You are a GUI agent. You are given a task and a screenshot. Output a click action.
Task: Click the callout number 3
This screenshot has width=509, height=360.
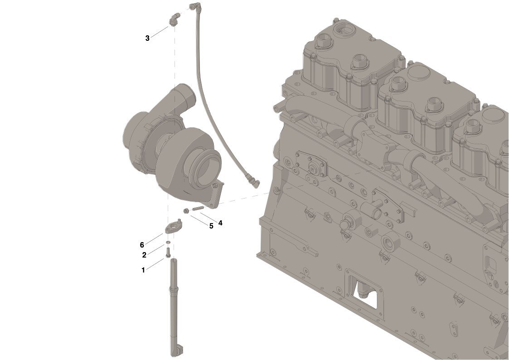[147, 38]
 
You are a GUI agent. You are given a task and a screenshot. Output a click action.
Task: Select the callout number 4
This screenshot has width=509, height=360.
[220, 223]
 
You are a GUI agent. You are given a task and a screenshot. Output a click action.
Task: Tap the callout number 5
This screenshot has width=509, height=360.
[211, 226]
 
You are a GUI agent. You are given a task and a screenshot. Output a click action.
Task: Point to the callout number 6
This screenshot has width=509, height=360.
[142, 245]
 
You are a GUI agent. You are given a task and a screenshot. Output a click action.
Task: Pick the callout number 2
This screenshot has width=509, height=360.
[144, 255]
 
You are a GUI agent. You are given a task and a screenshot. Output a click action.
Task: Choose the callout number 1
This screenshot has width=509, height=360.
[143, 270]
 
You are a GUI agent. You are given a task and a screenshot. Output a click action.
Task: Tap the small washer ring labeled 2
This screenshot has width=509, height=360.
[168, 243]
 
